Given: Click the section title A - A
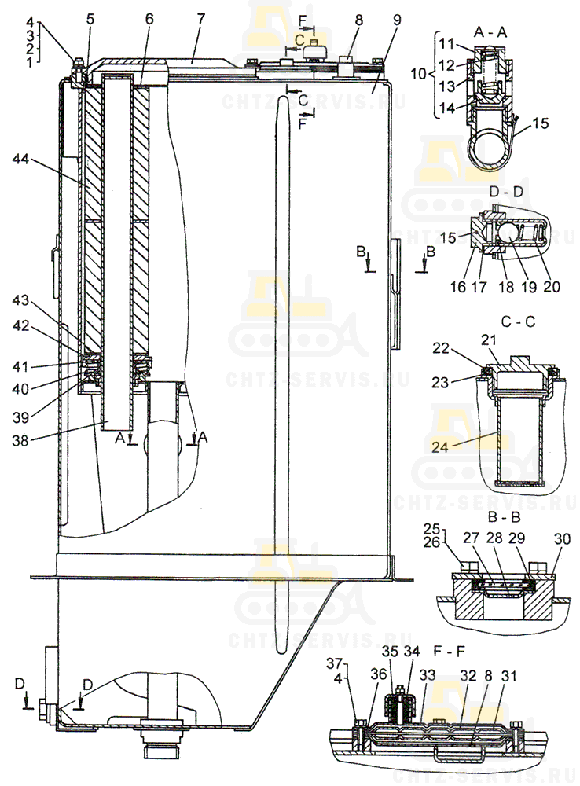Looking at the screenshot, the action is (x=490, y=31).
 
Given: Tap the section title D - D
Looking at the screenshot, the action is (x=506, y=192).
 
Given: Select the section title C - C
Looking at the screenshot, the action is (x=519, y=321).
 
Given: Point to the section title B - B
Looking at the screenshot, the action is (x=504, y=516).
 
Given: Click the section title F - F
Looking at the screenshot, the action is (x=450, y=652).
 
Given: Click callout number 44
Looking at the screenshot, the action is (x=21, y=160).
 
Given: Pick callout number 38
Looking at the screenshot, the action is (x=20, y=441).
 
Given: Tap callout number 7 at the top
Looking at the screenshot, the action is (x=201, y=19).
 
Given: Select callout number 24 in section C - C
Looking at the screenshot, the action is (x=439, y=446).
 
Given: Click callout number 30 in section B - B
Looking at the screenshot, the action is (x=562, y=539).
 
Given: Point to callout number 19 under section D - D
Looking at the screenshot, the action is (x=529, y=286).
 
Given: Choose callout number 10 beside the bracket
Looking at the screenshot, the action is (x=418, y=74).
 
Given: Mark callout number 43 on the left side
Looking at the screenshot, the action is (x=21, y=301).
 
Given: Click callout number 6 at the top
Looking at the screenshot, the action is (x=149, y=19).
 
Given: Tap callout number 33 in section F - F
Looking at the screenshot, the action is (x=427, y=675).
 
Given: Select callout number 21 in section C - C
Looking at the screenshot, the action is (x=489, y=340).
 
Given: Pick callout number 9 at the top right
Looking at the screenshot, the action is (x=397, y=20).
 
